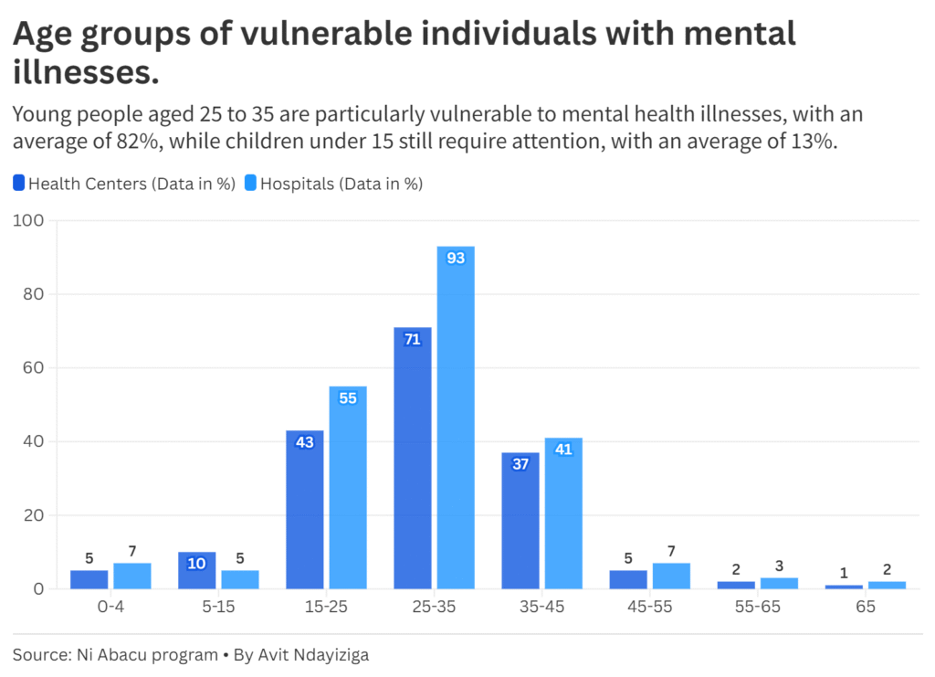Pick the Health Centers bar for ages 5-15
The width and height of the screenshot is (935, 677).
pos(196,570)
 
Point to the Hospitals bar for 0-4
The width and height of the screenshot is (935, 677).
pos(132,576)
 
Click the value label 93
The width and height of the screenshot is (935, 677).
pos(456,259)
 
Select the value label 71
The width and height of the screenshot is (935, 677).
pos(412,339)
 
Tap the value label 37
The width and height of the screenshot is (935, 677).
pos(520,464)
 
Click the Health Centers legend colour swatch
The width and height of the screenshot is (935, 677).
pos(19,183)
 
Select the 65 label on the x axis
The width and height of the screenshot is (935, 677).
pos(865,607)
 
